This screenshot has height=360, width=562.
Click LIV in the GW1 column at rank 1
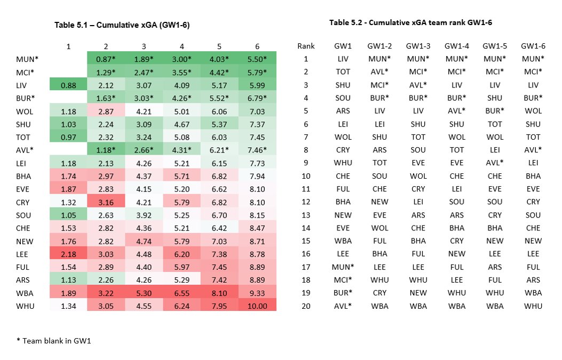coord(343,59)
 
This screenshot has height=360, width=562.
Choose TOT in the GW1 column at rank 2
coord(343,71)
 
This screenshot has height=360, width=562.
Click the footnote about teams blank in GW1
coord(54,341)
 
